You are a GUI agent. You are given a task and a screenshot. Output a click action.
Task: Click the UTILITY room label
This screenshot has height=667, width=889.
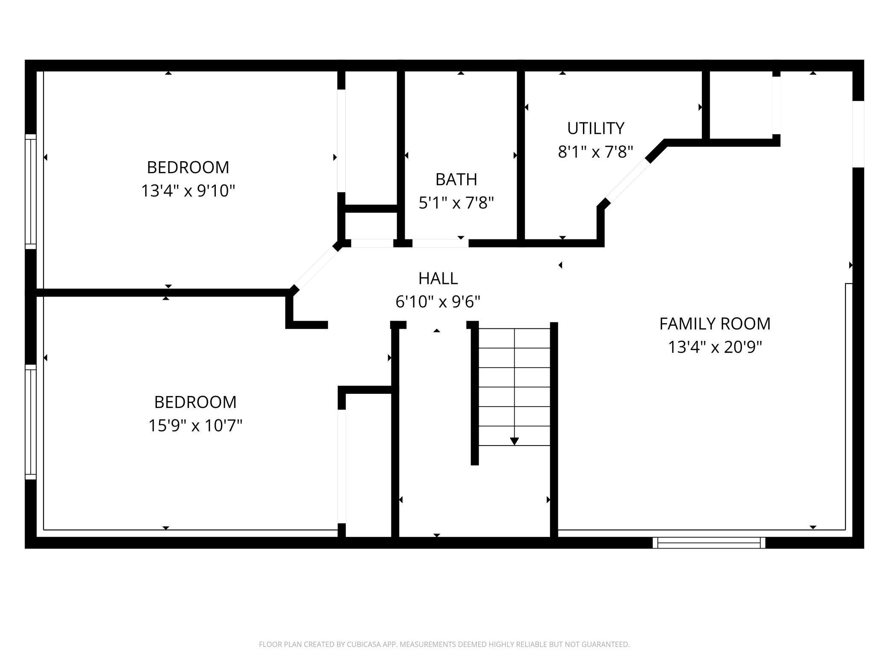pyautogui.click(x=595, y=128)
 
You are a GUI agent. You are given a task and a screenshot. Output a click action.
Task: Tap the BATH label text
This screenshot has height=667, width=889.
pyautogui.click(x=456, y=180)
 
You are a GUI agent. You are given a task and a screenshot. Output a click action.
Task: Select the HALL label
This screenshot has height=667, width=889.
pyautogui.click(x=438, y=278)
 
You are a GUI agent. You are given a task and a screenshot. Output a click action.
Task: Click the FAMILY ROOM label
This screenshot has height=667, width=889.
pyautogui.click(x=715, y=324)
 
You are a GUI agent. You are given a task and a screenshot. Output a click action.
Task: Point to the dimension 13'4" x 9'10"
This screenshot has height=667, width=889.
pyautogui.click(x=188, y=191)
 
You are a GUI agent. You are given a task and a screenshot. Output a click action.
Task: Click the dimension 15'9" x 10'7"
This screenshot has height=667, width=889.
pyautogui.click(x=195, y=426)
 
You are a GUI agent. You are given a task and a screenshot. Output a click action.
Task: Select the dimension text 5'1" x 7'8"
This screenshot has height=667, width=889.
pyautogui.click(x=456, y=203)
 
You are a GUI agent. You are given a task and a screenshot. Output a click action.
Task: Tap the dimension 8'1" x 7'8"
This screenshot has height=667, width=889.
pyautogui.click(x=595, y=152)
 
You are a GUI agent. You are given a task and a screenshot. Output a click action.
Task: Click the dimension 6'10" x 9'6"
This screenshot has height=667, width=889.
pyautogui.click(x=438, y=302)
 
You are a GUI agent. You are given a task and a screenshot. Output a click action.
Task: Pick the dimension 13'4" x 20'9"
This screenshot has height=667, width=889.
pyautogui.click(x=715, y=347)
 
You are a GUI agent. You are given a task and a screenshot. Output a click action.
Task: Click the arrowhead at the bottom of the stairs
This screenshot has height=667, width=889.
pyautogui.click(x=515, y=441)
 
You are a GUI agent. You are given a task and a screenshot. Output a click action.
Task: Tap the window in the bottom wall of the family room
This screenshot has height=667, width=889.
pyautogui.click(x=709, y=543)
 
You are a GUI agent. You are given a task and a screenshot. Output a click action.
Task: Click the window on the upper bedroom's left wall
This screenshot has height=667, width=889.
pyautogui.click(x=31, y=191)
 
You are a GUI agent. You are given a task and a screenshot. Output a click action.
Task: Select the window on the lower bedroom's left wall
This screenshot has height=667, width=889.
pyautogui.click(x=31, y=422)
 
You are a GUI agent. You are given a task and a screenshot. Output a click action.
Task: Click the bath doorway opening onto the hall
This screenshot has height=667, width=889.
pyautogui.click(x=440, y=243)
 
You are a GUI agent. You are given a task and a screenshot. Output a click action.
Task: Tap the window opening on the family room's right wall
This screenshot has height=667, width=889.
pyautogui.click(x=858, y=134)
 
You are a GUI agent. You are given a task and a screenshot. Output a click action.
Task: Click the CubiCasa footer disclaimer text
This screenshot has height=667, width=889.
pyautogui.click(x=444, y=644)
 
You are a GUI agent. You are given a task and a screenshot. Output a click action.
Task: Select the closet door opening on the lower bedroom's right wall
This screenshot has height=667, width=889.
pyautogui.click(x=341, y=466)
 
